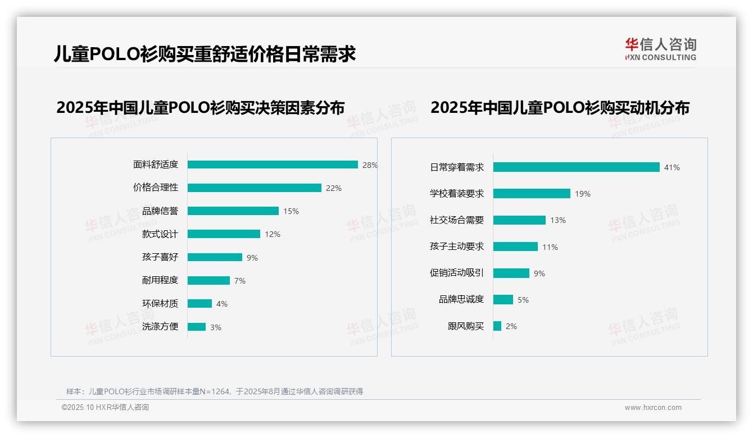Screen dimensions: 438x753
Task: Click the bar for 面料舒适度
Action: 273,165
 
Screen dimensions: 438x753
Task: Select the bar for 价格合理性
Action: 254,188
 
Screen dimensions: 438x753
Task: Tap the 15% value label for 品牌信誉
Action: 291,212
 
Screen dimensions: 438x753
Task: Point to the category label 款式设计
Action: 160,234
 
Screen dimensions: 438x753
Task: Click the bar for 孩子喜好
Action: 215,257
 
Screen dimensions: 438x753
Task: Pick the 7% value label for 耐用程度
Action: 240,281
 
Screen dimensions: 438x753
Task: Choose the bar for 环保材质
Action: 199,304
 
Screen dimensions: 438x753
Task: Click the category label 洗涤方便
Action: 160,327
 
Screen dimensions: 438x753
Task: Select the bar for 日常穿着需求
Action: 576,167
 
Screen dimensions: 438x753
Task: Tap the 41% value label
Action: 672,167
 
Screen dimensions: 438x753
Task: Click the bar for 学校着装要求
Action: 532,194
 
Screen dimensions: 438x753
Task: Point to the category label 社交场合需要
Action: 456,220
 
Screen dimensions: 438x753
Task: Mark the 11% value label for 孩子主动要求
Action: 550,247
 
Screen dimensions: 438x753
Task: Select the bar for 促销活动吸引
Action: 511,273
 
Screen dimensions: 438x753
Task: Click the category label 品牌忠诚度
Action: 461,299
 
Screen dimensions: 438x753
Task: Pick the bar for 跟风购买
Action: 497,326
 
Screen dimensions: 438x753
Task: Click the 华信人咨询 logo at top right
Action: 660,49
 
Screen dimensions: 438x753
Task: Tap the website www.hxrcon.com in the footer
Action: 653,408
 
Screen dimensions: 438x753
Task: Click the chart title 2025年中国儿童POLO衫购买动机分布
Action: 560,108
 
